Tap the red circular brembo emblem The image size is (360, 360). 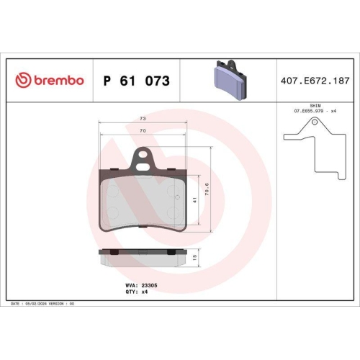(x=22, y=81)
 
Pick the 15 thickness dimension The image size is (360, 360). (x=194, y=256)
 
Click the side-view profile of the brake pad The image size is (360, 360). (x=143, y=256)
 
